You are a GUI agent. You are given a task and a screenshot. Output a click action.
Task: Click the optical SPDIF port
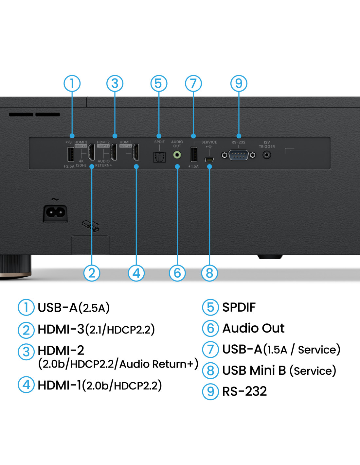(159, 157)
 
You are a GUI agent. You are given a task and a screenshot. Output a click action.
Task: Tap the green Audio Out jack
(177, 154)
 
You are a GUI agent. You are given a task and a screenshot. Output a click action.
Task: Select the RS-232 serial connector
(239, 155)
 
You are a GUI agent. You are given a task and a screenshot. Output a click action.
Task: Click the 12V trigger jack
(267, 155)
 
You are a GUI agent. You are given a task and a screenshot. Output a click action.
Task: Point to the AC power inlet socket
(55, 213)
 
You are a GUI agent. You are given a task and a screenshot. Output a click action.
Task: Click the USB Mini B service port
(209, 160)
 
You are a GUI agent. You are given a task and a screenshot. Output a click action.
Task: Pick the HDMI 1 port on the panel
(136, 152)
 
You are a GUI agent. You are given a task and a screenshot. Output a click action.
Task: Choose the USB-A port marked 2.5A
(70, 154)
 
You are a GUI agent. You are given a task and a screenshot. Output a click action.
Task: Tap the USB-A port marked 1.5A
(194, 154)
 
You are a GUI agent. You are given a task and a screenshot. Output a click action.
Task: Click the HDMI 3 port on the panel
(92, 152)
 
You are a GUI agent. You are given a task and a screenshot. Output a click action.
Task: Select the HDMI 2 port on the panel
(114, 152)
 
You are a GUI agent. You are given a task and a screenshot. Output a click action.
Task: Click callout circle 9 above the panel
(239, 83)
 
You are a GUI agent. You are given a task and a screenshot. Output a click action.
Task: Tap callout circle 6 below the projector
(177, 273)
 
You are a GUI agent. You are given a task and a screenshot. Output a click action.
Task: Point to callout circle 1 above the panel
(72, 83)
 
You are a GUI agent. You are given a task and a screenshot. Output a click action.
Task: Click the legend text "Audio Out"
(253, 328)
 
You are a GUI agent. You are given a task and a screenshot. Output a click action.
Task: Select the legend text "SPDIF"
(239, 307)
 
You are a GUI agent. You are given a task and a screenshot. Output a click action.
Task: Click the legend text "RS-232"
(244, 391)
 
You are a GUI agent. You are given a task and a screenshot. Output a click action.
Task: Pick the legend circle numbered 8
(210, 370)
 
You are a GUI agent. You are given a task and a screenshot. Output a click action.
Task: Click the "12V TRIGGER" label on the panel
(267, 144)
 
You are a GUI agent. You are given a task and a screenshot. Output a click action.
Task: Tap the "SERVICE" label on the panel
(209, 142)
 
